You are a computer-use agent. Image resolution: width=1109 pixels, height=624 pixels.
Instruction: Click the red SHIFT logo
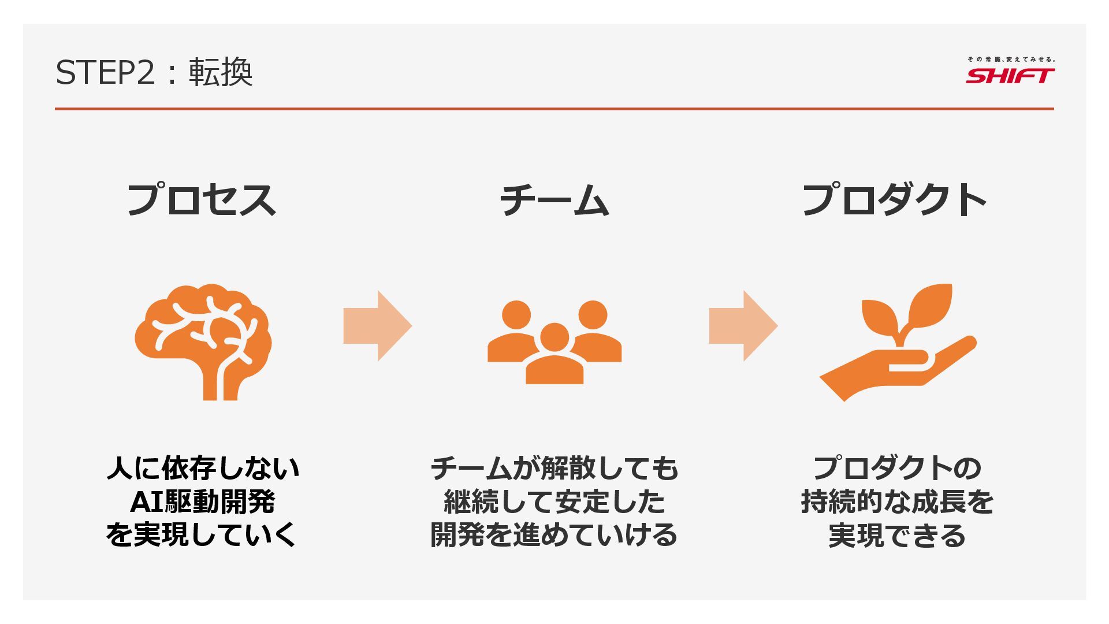[x=1010, y=76]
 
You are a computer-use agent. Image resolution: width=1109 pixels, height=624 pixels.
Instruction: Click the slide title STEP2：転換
[x=154, y=73]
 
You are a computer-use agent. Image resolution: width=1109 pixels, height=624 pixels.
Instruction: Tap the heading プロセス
[x=201, y=200]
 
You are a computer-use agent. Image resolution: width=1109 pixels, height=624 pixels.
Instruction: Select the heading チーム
[x=554, y=200]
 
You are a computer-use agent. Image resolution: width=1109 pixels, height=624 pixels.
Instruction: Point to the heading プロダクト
[x=894, y=200]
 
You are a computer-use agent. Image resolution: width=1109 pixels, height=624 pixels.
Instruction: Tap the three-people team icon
[x=554, y=342]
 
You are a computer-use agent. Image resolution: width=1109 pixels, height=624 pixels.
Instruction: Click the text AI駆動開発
[x=202, y=502]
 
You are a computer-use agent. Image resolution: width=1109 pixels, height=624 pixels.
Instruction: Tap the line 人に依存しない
[x=203, y=468]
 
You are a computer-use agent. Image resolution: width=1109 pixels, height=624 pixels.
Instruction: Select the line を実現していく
[x=201, y=535]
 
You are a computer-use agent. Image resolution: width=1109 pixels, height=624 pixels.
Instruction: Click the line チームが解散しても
[x=554, y=468]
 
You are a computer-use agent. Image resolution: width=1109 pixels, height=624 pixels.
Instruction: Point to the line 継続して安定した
[x=554, y=502]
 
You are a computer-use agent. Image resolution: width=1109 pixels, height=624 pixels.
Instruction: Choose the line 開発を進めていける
[x=554, y=535]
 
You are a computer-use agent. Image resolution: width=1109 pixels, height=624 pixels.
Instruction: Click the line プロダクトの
[x=897, y=468]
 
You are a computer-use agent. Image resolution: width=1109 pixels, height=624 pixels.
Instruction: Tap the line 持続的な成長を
[x=897, y=502]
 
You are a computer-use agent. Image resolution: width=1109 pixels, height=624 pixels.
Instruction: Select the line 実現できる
[x=897, y=535]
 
